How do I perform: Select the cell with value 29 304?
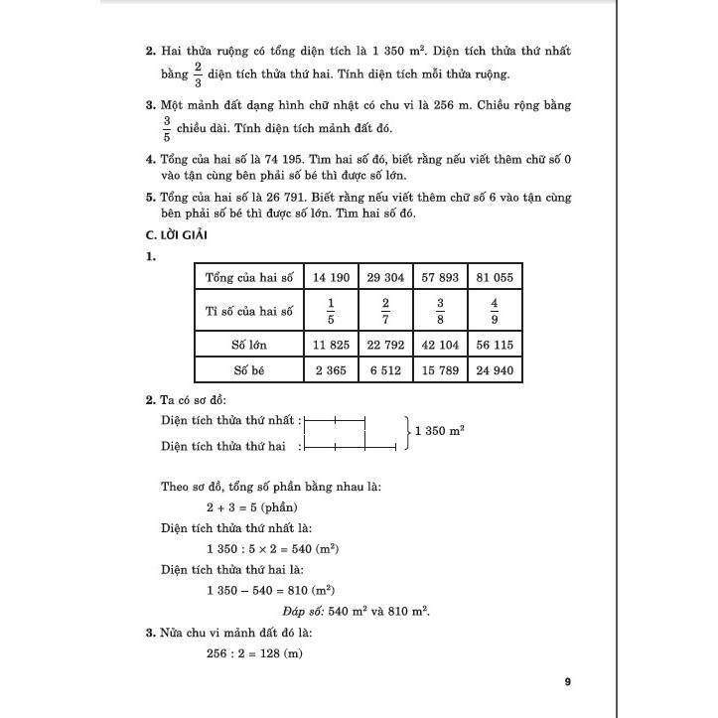[x=385, y=277]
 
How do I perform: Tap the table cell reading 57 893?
[x=440, y=277]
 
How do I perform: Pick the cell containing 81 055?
[x=495, y=277]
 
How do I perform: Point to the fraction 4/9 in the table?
[x=495, y=311]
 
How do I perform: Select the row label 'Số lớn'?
[x=250, y=345]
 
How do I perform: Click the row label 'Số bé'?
[x=250, y=370]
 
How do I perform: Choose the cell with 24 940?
[x=495, y=370]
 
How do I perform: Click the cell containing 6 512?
[x=385, y=370]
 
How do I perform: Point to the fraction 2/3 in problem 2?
[x=199, y=73]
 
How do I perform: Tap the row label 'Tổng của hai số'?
[x=250, y=277]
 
